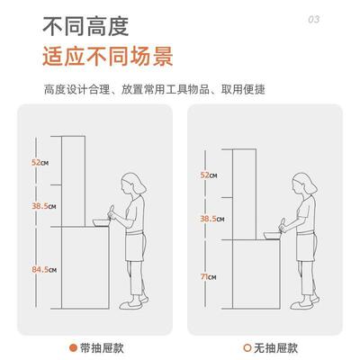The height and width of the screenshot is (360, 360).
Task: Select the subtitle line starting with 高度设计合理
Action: coord(155,90)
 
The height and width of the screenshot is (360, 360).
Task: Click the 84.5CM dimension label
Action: coord(43,269)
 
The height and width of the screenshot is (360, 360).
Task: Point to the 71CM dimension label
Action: coord(207,277)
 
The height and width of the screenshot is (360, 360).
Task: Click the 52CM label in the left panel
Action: coord(40,162)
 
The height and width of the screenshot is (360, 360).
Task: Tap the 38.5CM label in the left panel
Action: coord(43,207)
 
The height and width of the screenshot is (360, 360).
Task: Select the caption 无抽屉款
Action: coord(275,346)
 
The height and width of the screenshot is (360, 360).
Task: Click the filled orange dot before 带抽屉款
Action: coord(73,346)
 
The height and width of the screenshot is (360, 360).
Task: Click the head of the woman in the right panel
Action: coord(299,190)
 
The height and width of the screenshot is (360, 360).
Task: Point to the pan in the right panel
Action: coord(267,235)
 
